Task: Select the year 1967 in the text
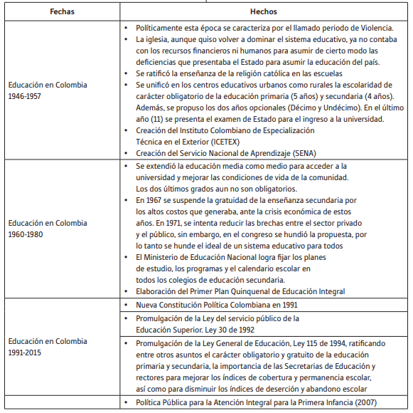click(x=156, y=199)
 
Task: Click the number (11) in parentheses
click(x=161, y=119)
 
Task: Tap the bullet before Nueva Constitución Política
click(x=126, y=305)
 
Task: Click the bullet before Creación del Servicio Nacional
click(x=126, y=153)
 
